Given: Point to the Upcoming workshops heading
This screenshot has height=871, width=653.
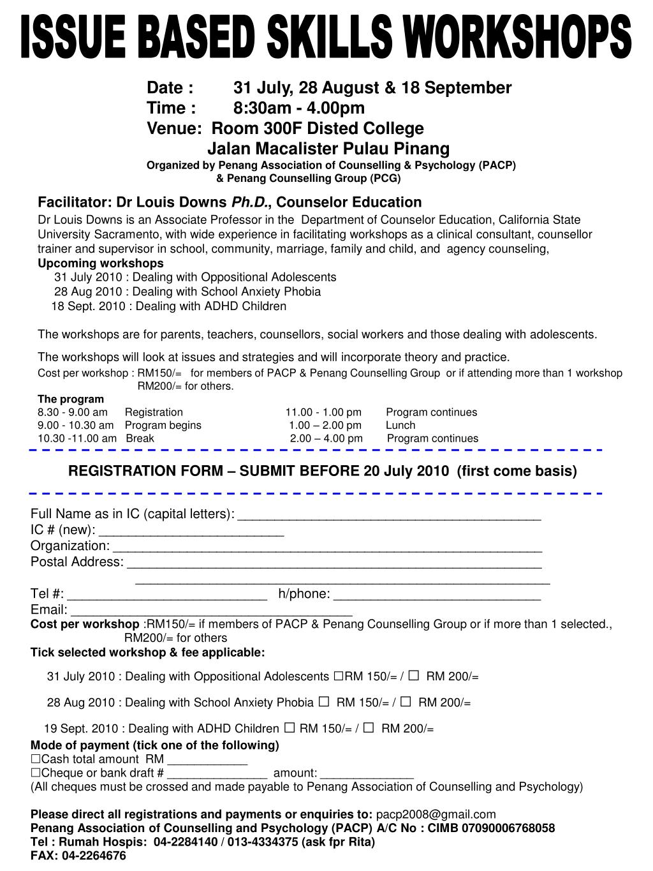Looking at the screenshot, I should pos(101,264).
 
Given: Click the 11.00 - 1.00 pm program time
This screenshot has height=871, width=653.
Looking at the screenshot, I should pos(323,412).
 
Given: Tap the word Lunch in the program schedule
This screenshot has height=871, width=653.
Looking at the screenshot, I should pos(400,425).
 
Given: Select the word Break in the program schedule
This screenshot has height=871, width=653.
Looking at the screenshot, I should pos(140,438).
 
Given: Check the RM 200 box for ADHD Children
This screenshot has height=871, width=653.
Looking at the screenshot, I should pos(369,728).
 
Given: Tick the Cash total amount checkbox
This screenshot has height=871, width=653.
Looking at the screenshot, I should pos(35,759).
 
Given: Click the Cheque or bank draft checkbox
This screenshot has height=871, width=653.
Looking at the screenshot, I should pos(35,773).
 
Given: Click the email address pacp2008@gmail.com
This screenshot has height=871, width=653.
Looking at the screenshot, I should pos(436,814).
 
